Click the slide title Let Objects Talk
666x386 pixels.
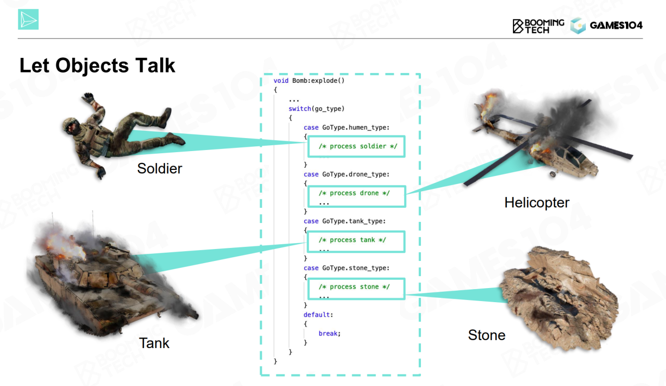coord(97,66)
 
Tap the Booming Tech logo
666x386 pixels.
coord(538,26)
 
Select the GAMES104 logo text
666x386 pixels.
coord(616,26)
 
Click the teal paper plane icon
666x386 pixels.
coord(28,19)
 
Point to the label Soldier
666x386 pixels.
coord(160,168)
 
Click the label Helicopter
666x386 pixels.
coord(536,203)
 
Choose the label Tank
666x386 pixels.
coord(154,343)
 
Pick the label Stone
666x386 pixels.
coord(486,335)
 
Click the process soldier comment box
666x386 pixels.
coord(356,146)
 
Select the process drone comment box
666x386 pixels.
coord(356,196)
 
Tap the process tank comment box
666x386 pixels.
coord(356,242)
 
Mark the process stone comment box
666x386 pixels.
coord(356,289)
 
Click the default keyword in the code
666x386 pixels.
coord(317,315)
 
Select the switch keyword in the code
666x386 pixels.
coord(300,109)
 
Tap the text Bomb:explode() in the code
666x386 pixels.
coord(318,81)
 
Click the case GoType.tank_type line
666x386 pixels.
coord(344,221)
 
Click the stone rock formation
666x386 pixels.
coord(559,297)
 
